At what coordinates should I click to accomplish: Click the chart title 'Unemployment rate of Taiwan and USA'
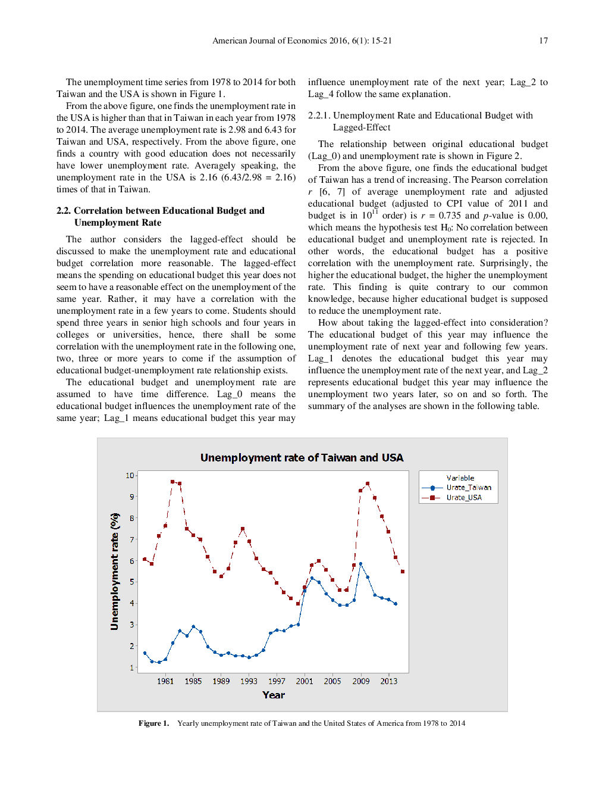click(302, 457)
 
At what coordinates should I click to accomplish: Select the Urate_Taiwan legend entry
click(468, 488)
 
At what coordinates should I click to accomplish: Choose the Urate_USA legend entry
click(463, 498)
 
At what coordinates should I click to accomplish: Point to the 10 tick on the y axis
click(130, 475)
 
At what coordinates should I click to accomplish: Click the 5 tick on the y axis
click(132, 582)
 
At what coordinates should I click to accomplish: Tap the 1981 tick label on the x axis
click(165, 681)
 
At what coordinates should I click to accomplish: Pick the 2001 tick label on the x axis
click(305, 681)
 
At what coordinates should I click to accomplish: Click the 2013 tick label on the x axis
click(389, 681)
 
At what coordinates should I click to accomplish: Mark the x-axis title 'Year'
click(274, 695)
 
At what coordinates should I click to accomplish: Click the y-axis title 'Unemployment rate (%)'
click(114, 572)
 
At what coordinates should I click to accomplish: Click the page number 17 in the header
click(543, 40)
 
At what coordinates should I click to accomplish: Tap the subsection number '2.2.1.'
click(319, 116)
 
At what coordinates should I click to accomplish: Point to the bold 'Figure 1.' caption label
click(153, 723)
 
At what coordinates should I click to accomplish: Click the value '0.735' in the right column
click(450, 216)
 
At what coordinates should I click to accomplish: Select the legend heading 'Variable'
click(460, 478)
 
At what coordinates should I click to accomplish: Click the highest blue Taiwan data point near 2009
click(360, 564)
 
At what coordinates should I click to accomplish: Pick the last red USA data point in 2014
click(403, 572)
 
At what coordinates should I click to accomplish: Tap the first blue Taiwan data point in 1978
click(145, 653)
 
